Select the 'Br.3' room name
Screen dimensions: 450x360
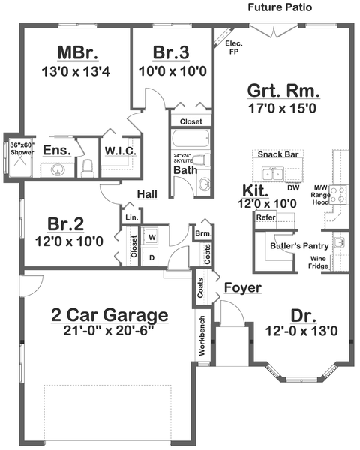173,52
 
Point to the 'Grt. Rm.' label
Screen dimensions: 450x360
283,92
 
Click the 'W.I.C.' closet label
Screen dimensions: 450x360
120,151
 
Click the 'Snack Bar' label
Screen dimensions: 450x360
278,154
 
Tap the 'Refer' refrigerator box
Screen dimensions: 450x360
266,217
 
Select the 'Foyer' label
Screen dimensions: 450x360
242,287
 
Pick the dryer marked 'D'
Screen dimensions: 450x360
152,257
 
